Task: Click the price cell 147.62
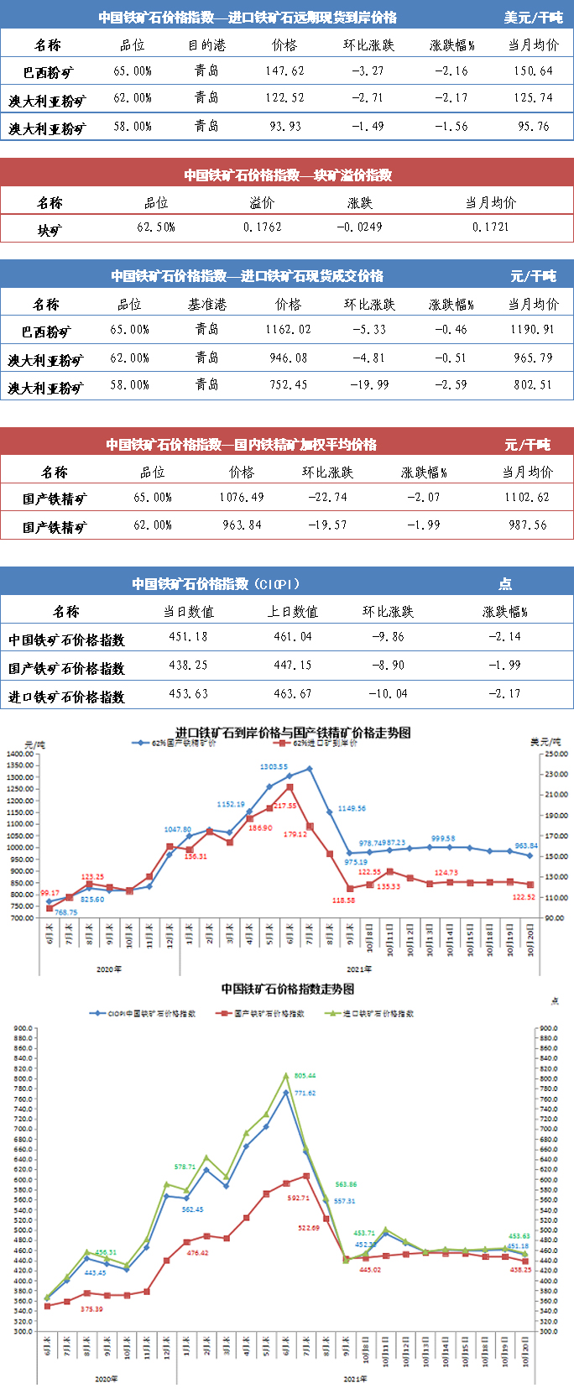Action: pyautogui.click(x=284, y=71)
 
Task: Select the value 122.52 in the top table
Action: pyautogui.click(x=284, y=98)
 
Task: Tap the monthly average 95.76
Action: pyautogui.click(x=533, y=127)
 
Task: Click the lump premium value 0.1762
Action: pyautogui.click(x=263, y=227)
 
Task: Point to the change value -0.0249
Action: pyautogui.click(x=359, y=227)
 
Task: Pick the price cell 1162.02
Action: pyautogui.click(x=288, y=330)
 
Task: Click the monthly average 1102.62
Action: pyautogui.click(x=526, y=498)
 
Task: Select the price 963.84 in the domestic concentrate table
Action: pyautogui.click(x=242, y=525)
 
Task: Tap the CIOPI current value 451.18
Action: pyautogui.click(x=188, y=637)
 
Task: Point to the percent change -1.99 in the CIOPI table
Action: pyautogui.click(x=504, y=666)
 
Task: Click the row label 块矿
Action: pyautogui.click(x=50, y=229)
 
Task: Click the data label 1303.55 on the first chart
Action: pyautogui.click(x=274, y=767)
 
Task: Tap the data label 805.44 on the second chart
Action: pyautogui.click(x=305, y=1075)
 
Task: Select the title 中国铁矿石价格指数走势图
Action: pyautogui.click(x=287, y=990)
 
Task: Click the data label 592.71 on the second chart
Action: pyautogui.click(x=298, y=1198)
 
